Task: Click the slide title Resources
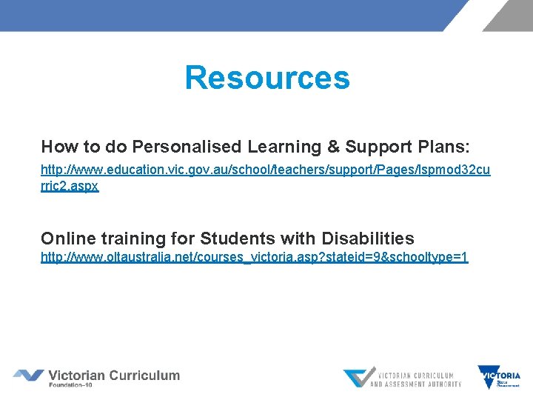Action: (266, 78)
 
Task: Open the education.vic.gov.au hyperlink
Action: (265, 170)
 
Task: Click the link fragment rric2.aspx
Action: (70, 187)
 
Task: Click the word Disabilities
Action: (368, 239)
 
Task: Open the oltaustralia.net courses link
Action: (254, 258)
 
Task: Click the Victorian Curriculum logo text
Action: (114, 375)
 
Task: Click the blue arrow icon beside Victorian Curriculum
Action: (28, 376)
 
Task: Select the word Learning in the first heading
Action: (280, 146)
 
